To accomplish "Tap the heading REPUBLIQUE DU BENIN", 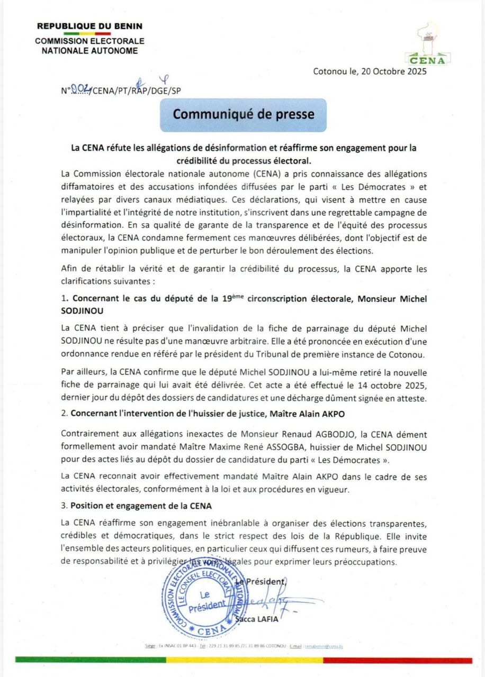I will pyautogui.click(x=89, y=26).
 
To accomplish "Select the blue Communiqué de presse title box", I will pyautogui.click(x=244, y=115).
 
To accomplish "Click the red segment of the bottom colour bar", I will pyautogui.click(x=397, y=660).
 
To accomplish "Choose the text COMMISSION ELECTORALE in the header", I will pyautogui.click(x=89, y=41).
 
